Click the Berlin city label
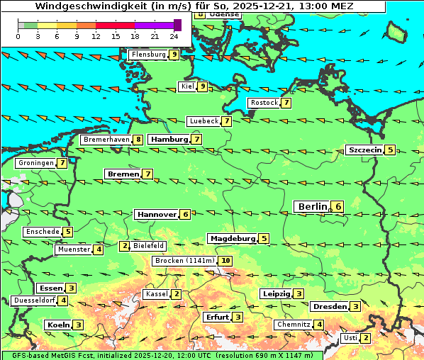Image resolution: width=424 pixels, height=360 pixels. click(x=312, y=206)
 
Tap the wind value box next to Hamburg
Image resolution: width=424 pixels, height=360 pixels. click(x=196, y=140)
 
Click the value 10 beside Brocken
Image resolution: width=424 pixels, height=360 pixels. click(x=225, y=261)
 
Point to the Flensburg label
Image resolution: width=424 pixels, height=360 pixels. click(x=148, y=54)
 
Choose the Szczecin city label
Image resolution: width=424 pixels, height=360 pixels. click(x=364, y=150)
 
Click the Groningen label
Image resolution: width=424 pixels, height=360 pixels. click(x=36, y=163)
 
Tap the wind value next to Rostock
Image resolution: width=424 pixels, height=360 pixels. click(x=286, y=103)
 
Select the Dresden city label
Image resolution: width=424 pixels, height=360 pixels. click(x=329, y=306)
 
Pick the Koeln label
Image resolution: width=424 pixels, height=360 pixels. click(x=58, y=325)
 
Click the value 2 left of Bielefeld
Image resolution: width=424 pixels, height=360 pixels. click(x=125, y=246)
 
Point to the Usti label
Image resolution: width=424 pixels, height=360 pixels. click(x=350, y=337)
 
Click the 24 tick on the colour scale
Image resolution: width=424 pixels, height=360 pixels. click(x=174, y=35)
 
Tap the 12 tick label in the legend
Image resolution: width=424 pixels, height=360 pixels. click(x=96, y=35)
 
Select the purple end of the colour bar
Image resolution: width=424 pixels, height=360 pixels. click(x=177, y=25)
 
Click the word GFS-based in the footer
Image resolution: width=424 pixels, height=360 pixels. click(x=23, y=355)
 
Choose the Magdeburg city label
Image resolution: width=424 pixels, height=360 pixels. click(x=232, y=238)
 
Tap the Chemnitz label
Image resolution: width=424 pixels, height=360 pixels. click(x=294, y=325)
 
